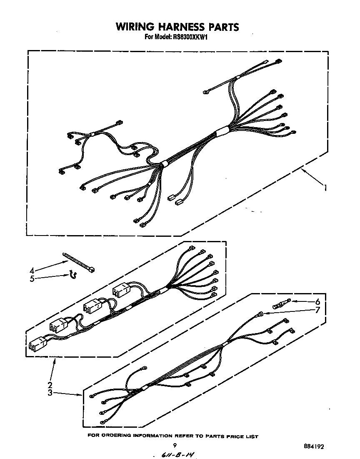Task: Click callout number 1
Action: pyautogui.click(x=325, y=188)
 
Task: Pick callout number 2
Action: pyautogui.click(x=50, y=384)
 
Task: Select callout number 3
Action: pyautogui.click(x=50, y=393)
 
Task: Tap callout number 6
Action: pyautogui.click(x=317, y=301)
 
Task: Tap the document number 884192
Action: pyautogui.click(x=314, y=446)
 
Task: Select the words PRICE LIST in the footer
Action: pyautogui.click(x=242, y=436)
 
